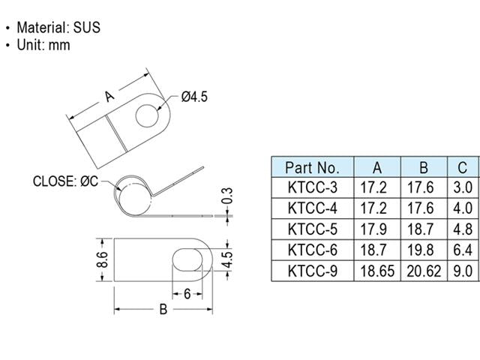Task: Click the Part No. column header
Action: coord(312,167)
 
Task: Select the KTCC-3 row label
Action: coord(312,187)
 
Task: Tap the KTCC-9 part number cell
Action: coord(312,271)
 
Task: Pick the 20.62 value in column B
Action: coord(424,271)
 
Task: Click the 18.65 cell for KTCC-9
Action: coord(377,271)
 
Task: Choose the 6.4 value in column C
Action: coord(463,250)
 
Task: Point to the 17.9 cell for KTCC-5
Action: coord(377,229)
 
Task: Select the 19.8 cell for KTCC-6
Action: coord(424,250)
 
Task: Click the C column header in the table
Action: coord(463,167)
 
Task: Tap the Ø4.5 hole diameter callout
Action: coord(195,97)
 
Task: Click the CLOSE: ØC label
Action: coord(66,181)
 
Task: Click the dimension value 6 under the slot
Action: coord(187,294)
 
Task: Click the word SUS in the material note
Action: coord(86,28)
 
